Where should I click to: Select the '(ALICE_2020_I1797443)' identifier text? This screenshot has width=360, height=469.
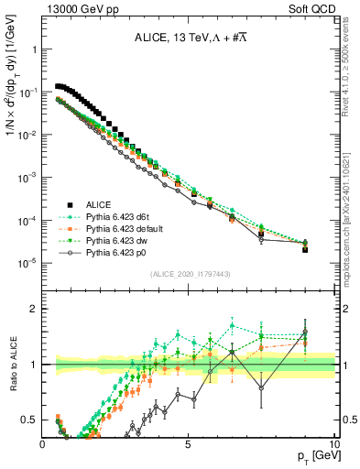pos(189,275)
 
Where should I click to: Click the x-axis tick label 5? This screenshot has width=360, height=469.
pos(188,443)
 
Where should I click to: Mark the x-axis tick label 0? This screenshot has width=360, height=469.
pos(43,443)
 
